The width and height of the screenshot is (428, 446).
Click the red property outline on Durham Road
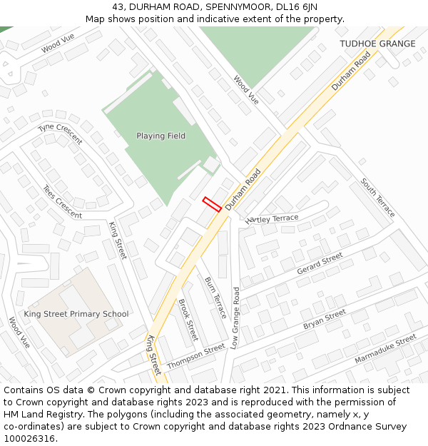tap(212, 204)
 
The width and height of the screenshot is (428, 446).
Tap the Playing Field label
tap(160, 136)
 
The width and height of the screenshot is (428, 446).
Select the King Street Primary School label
tap(76, 314)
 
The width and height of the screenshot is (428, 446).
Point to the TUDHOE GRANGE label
tap(377, 44)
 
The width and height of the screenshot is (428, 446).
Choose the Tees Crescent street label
tap(62, 202)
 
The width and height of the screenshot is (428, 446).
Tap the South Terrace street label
tap(377, 198)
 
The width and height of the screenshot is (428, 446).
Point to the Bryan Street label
tap(325, 320)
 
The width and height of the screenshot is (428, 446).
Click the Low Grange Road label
tap(235, 318)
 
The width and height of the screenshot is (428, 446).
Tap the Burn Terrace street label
tap(215, 298)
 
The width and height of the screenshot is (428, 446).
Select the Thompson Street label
tap(196, 357)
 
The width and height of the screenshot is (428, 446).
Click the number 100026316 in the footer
tap(28, 438)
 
